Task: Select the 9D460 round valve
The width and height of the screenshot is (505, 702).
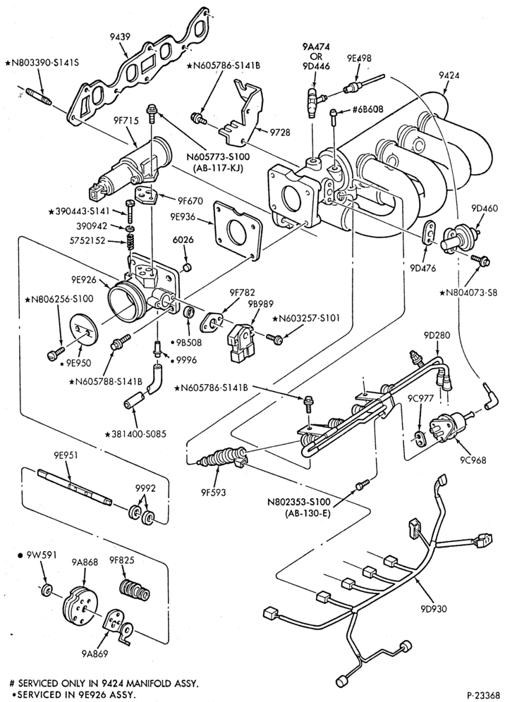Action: pyautogui.click(x=460, y=236)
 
